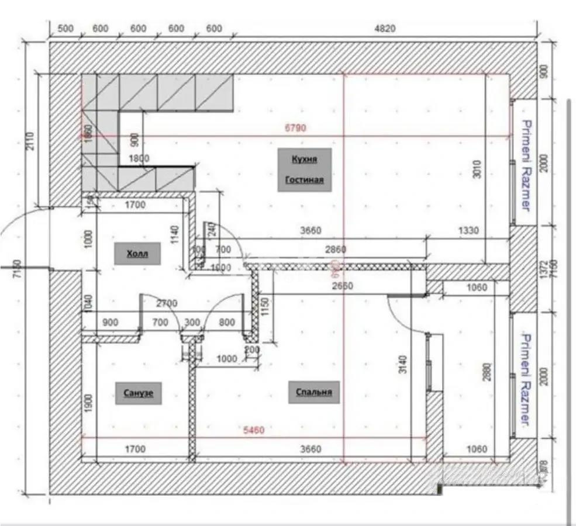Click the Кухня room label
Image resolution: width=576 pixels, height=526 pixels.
304,159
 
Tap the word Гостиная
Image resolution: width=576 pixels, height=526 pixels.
304,180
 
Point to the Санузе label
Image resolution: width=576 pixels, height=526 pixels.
139,393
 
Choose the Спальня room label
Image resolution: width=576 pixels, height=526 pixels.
314,392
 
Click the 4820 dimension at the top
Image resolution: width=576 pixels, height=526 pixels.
384,29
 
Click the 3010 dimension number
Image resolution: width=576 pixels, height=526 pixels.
477,169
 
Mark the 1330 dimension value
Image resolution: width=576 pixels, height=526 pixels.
468,231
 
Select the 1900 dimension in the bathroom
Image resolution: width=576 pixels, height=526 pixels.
89,403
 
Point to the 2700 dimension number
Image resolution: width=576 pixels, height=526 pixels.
167,303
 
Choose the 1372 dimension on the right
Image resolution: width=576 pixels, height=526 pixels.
544,269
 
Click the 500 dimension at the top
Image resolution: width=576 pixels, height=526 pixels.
65,29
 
